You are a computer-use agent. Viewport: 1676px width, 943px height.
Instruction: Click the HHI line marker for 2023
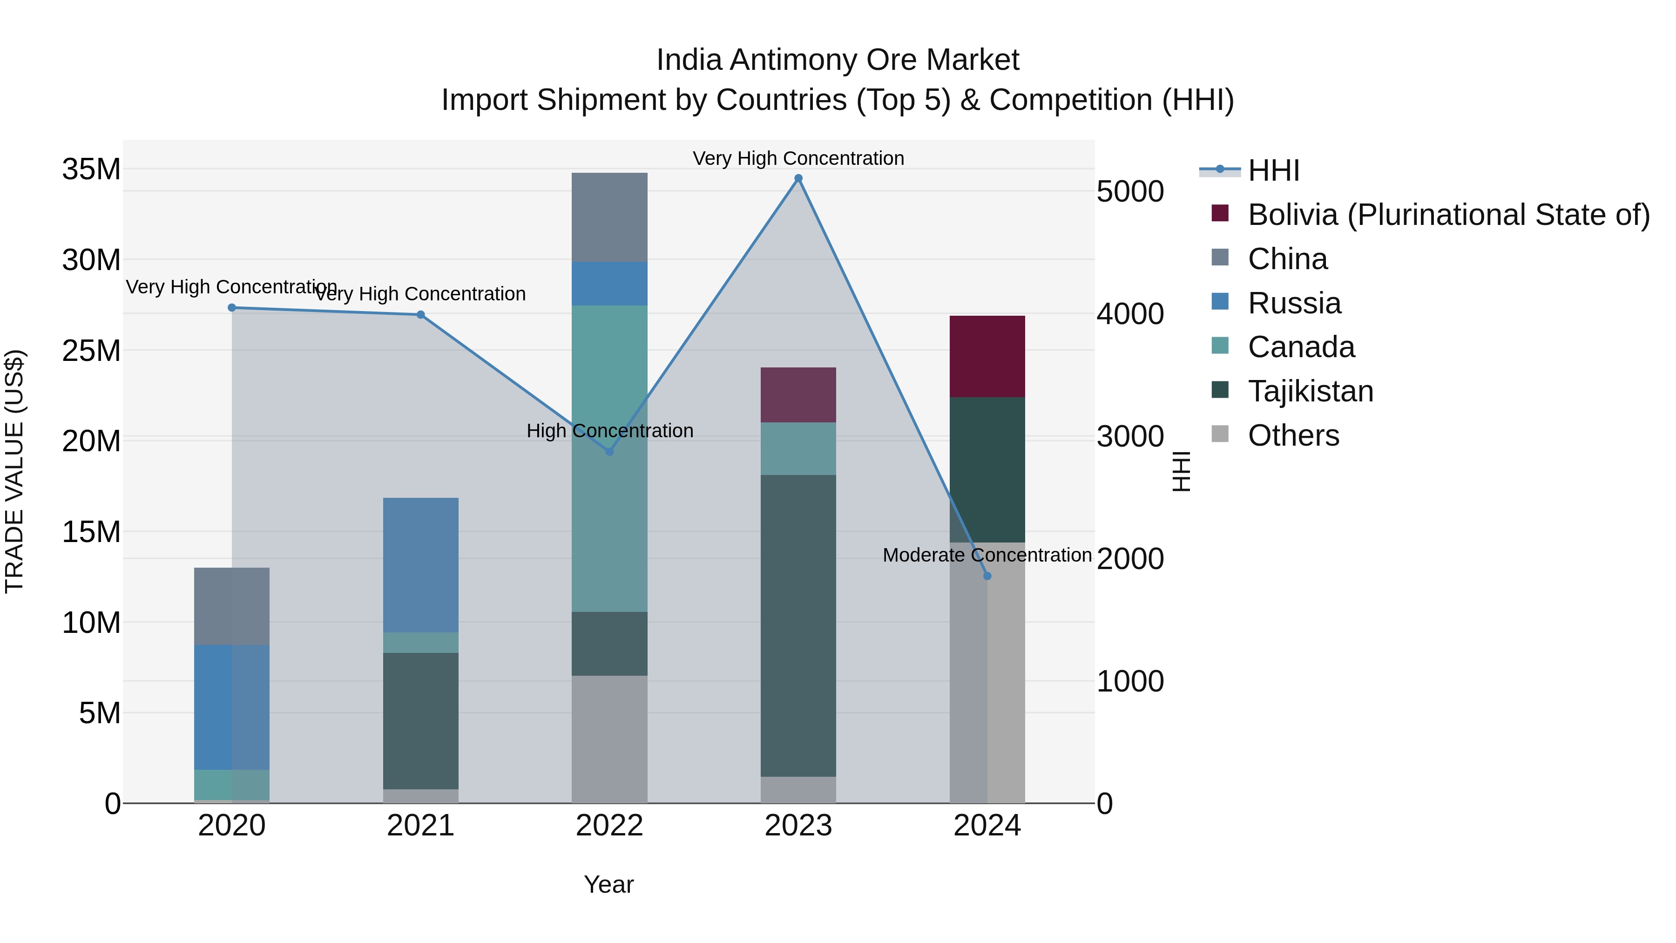[798, 178]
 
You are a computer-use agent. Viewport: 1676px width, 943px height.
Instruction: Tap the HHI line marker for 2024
[987, 576]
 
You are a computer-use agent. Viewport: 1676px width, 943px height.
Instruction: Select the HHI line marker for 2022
[609, 452]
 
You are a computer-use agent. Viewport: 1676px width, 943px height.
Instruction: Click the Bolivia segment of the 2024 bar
[987, 357]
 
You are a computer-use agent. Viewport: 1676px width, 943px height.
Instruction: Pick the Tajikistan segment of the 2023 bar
[798, 625]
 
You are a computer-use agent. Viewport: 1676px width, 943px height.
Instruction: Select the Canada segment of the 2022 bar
[609, 458]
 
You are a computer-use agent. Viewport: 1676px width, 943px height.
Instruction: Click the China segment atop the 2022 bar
[609, 217]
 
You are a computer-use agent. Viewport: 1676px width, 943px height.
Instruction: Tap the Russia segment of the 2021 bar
[420, 565]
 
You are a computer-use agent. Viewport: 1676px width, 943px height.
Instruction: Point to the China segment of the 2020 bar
[232, 606]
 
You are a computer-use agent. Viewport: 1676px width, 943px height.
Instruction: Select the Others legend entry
[1293, 435]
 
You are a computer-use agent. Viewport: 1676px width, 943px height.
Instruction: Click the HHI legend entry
[1273, 170]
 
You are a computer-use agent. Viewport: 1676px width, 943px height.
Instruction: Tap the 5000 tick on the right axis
[1130, 191]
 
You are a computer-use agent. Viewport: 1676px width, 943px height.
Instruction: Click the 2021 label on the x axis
[420, 826]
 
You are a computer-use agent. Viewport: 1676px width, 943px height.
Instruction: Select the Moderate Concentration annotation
[987, 555]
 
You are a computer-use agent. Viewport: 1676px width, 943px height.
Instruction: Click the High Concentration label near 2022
[609, 431]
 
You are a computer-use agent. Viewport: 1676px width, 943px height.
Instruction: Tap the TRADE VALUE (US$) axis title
[15, 471]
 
